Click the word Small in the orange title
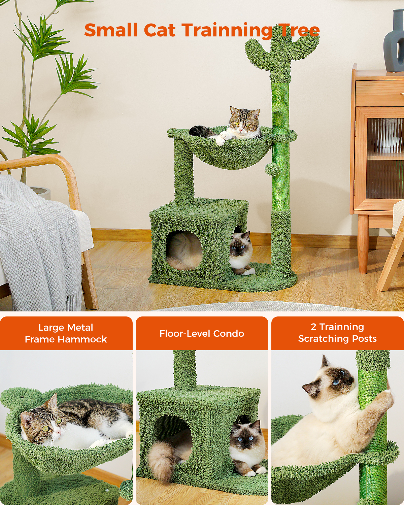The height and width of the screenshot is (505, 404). [111, 30]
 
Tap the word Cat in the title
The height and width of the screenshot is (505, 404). [160, 30]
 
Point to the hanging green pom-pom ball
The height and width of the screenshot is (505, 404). [272, 169]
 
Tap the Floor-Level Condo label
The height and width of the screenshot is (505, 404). [202, 334]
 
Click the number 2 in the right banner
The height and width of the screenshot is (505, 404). [313, 327]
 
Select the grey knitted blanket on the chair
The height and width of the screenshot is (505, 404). [37, 242]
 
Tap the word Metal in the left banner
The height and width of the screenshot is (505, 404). [79, 328]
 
